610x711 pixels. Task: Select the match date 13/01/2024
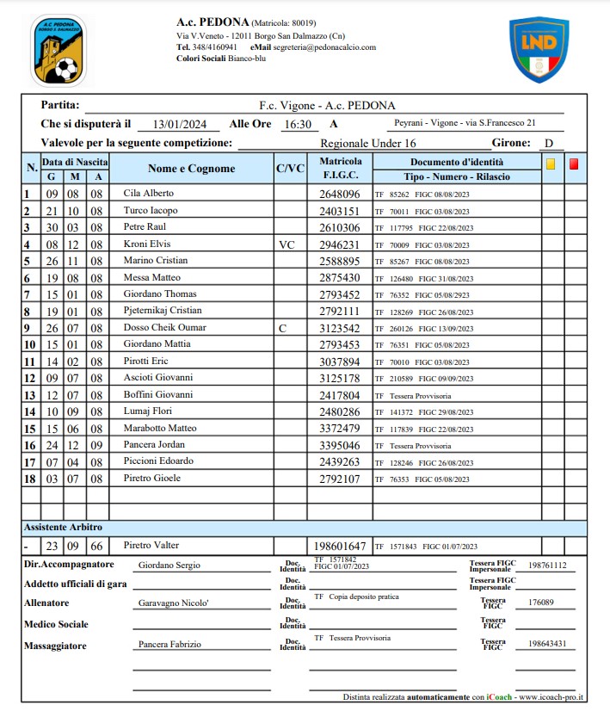click(x=179, y=125)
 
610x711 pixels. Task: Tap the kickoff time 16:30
click(x=297, y=125)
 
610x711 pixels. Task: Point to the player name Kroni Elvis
click(x=147, y=244)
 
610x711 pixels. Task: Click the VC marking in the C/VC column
click(x=287, y=244)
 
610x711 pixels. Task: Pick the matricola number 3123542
click(x=339, y=328)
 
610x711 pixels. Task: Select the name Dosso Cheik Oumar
click(x=163, y=328)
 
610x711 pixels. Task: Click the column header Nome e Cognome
click(x=191, y=169)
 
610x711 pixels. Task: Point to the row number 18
click(x=29, y=478)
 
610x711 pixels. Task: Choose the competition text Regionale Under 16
click(x=367, y=144)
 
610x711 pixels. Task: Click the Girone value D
click(x=548, y=144)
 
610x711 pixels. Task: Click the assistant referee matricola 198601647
click(x=340, y=547)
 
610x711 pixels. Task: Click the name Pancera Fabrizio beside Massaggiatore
click(x=169, y=645)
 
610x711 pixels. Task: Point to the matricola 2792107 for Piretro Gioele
click(x=339, y=478)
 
